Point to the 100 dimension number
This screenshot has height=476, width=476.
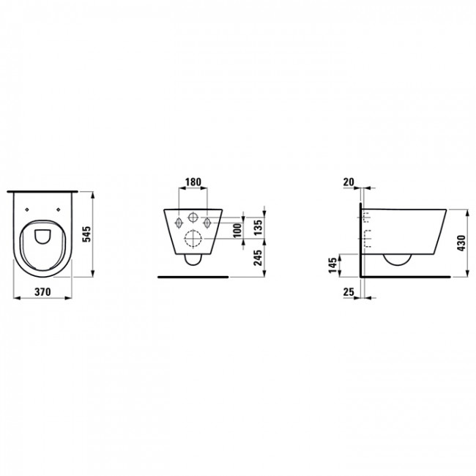(237, 229)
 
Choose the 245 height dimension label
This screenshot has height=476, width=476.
(259, 259)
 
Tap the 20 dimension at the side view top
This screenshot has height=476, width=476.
(349, 181)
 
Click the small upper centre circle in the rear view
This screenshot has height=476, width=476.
(193, 218)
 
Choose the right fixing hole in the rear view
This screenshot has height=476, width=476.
(207, 221)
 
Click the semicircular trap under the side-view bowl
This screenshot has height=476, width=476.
(397, 260)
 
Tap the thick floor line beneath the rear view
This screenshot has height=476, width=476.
(193, 278)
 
